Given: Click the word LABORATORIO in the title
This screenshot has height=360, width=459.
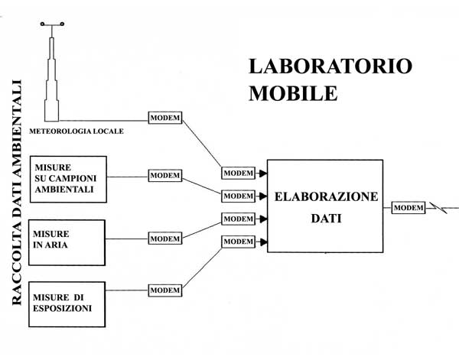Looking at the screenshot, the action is tap(330, 66).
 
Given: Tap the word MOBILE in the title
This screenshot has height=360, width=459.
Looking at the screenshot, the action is tap(293, 93).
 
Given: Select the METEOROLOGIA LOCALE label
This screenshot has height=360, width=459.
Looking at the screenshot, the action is tap(76, 131).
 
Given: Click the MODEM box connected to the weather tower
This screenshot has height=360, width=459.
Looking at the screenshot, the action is tap(165, 118).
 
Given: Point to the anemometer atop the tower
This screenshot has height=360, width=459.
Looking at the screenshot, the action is tap(52, 24).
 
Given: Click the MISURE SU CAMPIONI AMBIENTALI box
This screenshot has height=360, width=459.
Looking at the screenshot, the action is tap(68, 180).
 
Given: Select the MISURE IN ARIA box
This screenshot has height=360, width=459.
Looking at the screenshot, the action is tap(67, 243).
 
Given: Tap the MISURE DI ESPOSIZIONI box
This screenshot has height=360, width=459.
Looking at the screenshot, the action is tap(67, 304).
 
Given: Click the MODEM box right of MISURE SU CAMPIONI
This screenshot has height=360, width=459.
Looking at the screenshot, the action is tap(165, 176).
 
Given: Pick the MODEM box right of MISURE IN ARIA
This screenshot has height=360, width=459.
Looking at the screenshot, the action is tap(165, 238).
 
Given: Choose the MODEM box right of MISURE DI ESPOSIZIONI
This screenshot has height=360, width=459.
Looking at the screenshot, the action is tap(165, 290).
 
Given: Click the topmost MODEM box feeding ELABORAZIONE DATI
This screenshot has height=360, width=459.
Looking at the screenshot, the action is tap(238, 174).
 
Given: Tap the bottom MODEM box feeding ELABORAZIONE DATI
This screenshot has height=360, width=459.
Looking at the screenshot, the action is tap(238, 242).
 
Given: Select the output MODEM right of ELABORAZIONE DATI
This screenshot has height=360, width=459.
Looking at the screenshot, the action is tap(409, 208).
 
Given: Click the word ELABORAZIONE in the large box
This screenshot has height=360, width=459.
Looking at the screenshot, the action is tap(326, 196).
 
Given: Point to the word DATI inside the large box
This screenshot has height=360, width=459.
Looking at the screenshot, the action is tap(326, 219).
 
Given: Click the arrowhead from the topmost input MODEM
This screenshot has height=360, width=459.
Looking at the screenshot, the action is tap(263, 174).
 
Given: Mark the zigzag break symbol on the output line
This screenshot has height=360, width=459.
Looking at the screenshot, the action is tap(438, 208).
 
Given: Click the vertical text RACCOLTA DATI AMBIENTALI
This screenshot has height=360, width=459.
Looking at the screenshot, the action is tap(17, 193).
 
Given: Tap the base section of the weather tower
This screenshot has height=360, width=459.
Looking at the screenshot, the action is tap(51, 111).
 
